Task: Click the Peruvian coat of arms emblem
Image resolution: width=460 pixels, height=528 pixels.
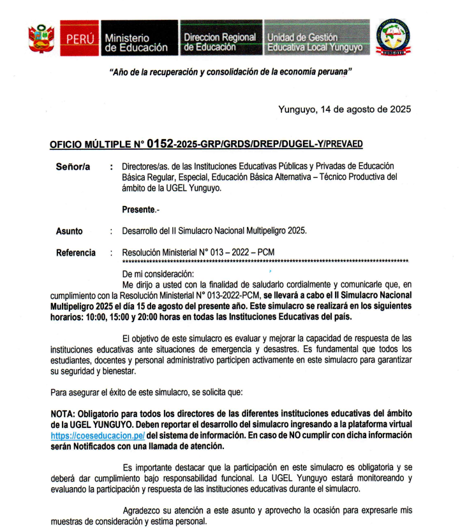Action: [x=41, y=39]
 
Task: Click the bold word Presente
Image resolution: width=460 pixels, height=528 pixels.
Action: [x=138, y=209]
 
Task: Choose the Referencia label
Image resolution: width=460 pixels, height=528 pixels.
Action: [x=76, y=253]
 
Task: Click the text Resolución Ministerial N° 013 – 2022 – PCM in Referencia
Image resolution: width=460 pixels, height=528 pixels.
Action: [x=198, y=253]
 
